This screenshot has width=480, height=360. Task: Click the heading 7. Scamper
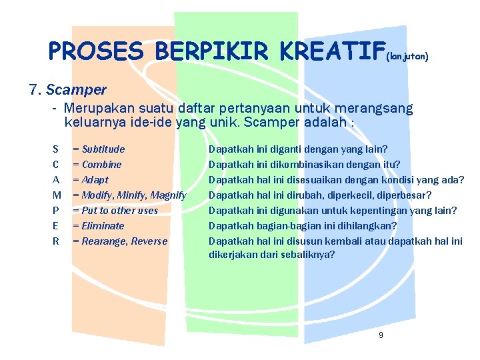click(67, 89)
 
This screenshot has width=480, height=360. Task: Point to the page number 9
click(381, 335)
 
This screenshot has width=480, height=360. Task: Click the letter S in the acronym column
click(55, 149)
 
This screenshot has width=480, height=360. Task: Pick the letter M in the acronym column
click(57, 195)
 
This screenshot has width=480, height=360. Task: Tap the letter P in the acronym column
click(55, 211)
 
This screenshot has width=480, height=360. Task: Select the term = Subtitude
click(99, 149)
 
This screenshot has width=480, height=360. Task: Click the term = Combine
click(97, 165)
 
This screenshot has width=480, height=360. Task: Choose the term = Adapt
click(91, 180)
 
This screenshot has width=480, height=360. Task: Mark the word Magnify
click(168, 195)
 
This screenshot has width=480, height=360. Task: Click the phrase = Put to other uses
click(115, 211)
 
